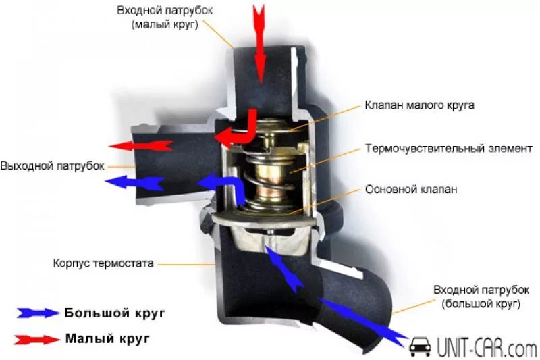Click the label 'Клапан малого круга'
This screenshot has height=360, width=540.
point(420,105)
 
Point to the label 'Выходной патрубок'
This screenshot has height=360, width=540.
point(52,165)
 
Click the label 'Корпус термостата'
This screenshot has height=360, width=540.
point(103,262)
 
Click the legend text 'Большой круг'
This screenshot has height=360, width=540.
point(114,313)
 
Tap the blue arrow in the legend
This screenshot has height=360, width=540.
point(38,313)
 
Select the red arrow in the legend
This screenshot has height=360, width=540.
point(38,338)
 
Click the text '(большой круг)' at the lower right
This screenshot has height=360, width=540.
point(481,304)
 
